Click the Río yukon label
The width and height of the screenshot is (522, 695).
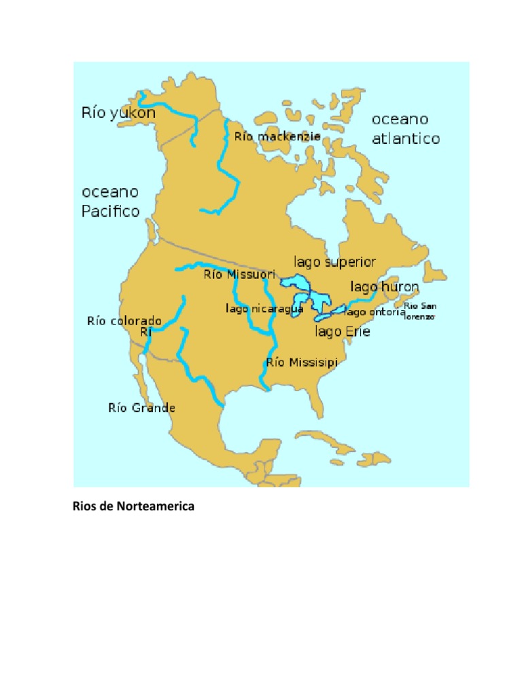[x=118, y=113]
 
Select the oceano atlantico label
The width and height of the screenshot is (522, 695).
[x=406, y=129]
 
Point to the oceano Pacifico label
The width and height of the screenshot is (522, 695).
[x=111, y=202]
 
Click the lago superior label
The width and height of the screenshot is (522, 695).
[x=334, y=262]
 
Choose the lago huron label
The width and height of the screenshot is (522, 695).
[x=385, y=287]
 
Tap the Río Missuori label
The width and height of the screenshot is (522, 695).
[x=239, y=275]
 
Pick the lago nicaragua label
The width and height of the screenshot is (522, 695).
[x=264, y=309]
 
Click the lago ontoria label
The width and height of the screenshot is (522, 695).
[x=375, y=312]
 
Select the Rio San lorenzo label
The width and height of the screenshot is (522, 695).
[x=420, y=310]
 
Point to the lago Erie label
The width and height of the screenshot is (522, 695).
[x=343, y=331]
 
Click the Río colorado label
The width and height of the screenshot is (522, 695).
[x=124, y=320]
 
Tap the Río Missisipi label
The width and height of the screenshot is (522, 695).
[x=302, y=362]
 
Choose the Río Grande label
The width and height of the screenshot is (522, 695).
[x=141, y=408]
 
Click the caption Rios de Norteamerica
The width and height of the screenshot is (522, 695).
[x=133, y=506]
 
